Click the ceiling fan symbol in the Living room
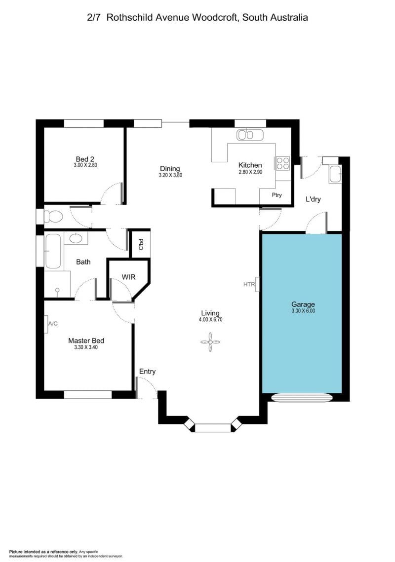click(210, 342)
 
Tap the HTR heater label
click(249, 285)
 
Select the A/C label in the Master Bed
click(53, 324)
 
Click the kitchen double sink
click(250, 135)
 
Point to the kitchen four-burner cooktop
click(282, 163)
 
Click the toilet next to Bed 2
click(53, 217)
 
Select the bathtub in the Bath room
click(53, 251)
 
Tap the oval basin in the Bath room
click(76, 238)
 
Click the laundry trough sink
click(335, 174)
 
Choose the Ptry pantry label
click(276, 195)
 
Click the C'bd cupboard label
click(141, 244)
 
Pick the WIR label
click(128, 277)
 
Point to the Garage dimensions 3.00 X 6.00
click(303, 311)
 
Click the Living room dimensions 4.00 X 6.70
click(210, 319)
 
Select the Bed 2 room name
click(85, 159)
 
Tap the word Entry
click(148, 372)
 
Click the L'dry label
click(313, 199)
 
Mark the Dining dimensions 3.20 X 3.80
click(170, 175)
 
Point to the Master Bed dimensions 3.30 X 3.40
click(86, 347)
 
